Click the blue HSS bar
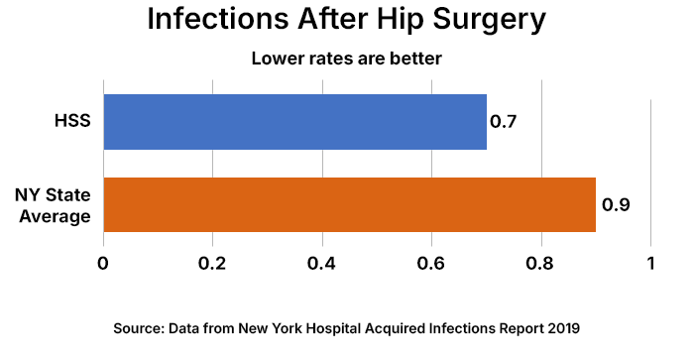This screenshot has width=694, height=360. pos(294,122)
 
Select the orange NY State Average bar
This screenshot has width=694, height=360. pos(349,205)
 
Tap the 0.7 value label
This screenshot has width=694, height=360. pos(505,123)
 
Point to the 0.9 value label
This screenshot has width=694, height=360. pos(616,205)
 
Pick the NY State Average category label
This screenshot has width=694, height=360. pos(54,205)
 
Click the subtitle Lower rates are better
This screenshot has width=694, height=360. pos(345,60)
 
